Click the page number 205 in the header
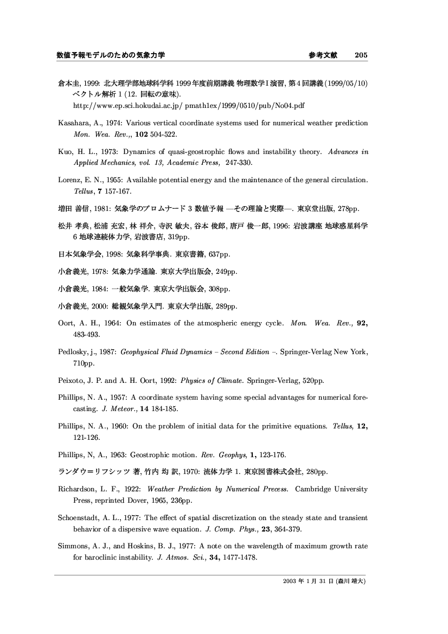(361, 55)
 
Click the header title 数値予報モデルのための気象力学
(111, 55)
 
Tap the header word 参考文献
(323, 55)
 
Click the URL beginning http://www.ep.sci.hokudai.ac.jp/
(185, 104)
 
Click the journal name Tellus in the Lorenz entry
(82, 191)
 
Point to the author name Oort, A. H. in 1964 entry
(74, 324)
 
